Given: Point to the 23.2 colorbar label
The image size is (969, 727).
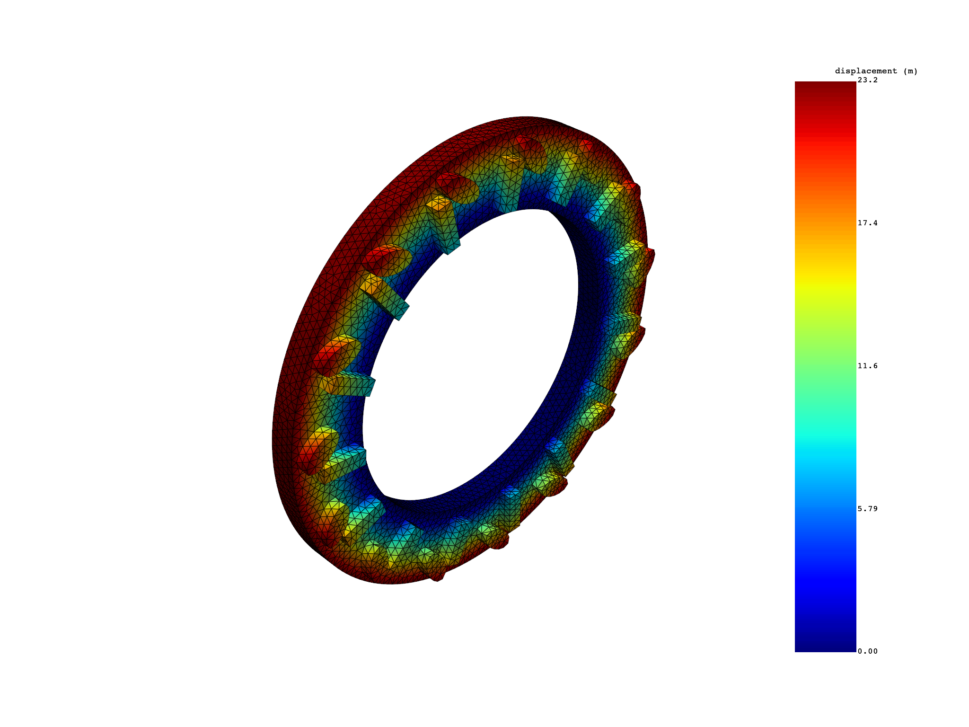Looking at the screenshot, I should (868, 80).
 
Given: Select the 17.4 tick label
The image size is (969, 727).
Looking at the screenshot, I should (868, 223).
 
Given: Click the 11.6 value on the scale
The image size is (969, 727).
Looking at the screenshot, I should (868, 366).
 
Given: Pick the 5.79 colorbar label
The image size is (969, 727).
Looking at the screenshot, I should (868, 509).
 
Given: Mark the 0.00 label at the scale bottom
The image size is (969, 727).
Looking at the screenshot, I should (868, 651).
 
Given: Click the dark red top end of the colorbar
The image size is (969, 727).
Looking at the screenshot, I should (825, 88).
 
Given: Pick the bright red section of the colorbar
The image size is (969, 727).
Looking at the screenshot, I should (825, 142).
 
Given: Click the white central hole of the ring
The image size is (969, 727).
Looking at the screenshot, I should (471, 355).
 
